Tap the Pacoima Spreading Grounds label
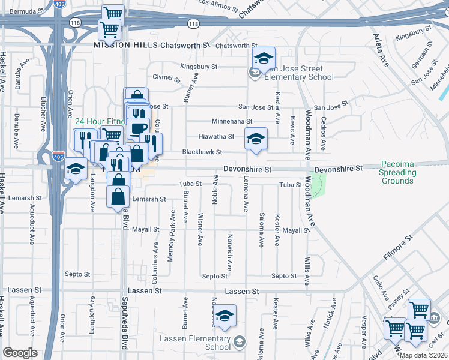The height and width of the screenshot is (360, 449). coord(397,173)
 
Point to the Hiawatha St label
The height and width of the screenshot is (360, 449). coord(216,137)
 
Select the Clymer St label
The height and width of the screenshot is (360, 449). coord(166,78)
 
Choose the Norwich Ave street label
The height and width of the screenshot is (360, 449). coord(229,252)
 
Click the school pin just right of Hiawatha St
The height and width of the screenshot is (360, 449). coord(256,140)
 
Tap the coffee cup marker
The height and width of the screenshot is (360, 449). coord(138,128)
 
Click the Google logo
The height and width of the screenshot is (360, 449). coord(20,353)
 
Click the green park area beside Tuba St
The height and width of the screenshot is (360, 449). coord(316,187)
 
